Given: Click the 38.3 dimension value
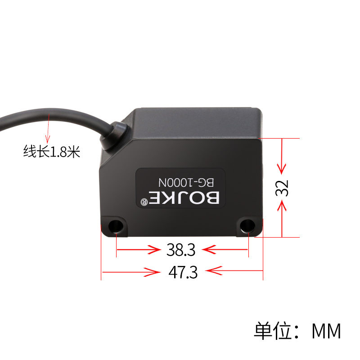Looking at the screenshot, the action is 181,250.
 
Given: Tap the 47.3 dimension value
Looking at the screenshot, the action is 183,272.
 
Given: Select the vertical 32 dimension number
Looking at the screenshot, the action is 282,188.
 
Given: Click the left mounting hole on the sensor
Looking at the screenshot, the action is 116,226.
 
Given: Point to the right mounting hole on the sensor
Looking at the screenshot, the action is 247,225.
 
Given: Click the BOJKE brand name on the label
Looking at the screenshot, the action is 184,198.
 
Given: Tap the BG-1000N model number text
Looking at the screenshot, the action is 186,182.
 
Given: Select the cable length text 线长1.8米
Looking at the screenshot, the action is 52,152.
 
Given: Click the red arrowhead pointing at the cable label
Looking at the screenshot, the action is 48,139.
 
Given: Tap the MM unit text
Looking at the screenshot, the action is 326,331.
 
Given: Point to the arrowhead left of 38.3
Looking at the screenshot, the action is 154,250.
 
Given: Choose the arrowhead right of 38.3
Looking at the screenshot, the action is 209,249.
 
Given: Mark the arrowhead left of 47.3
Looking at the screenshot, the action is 152,272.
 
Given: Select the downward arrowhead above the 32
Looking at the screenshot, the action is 282,169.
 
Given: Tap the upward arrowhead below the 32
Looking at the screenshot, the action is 282,206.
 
